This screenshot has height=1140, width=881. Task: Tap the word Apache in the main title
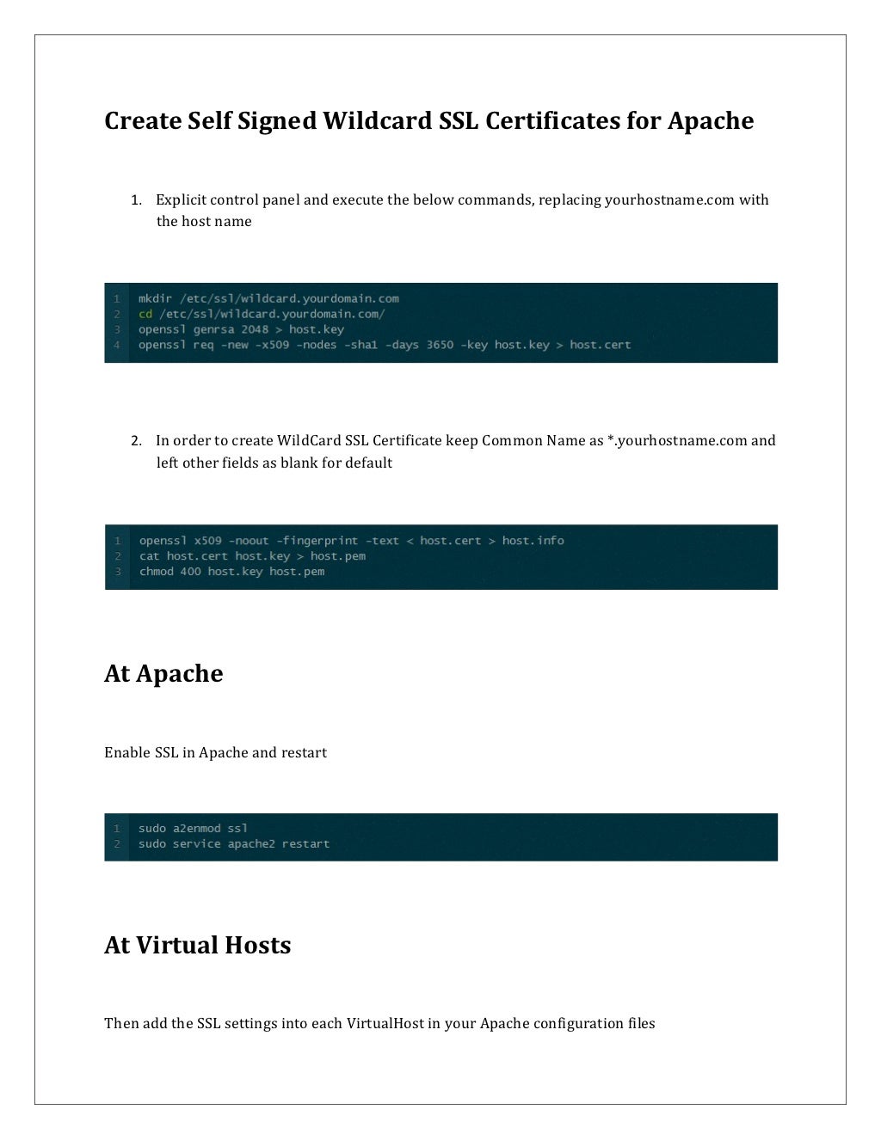point(711,121)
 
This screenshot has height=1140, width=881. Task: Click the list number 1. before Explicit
point(136,200)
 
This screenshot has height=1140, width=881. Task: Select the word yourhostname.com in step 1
point(669,200)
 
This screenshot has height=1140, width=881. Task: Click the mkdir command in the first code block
point(155,299)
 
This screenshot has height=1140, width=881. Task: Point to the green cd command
point(145,315)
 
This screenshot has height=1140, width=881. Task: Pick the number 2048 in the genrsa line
point(255,330)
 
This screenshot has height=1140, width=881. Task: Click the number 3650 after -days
point(440,346)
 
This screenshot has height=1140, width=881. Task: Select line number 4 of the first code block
point(117,346)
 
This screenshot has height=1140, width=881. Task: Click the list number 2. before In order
point(136,441)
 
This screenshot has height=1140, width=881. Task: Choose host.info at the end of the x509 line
point(533,542)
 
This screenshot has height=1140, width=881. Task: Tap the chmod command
point(157,573)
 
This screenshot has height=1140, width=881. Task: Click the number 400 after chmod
point(190,573)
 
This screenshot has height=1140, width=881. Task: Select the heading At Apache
point(163,674)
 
